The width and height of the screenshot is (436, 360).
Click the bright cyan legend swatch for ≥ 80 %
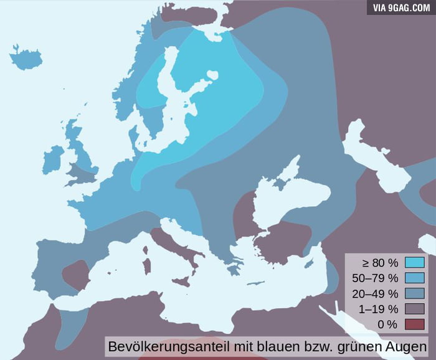point(414,263)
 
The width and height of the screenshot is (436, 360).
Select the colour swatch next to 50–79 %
point(414,278)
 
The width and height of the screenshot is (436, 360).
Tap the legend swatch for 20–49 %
point(414,293)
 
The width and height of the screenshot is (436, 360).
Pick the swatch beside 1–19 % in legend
point(414,309)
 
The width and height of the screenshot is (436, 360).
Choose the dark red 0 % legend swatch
point(414,324)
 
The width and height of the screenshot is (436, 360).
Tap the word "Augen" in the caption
point(409,345)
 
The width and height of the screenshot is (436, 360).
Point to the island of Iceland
point(26,59)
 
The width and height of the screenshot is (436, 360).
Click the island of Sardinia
point(147,264)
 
